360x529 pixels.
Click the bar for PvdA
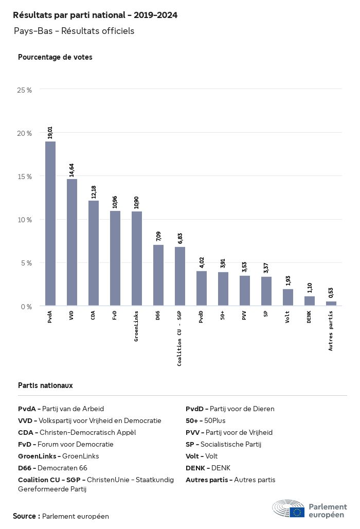[x=50, y=223]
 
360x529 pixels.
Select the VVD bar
[x=72, y=242]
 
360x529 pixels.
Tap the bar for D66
[x=158, y=275]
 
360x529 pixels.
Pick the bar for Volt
[x=288, y=297]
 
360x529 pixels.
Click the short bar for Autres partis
[x=331, y=304]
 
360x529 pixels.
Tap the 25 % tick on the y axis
[x=25, y=90]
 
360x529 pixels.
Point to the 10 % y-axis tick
[x=25, y=220]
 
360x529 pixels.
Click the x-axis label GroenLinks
[x=137, y=326]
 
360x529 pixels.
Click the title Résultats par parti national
[x=95, y=15]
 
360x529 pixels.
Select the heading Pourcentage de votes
[x=55, y=57]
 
